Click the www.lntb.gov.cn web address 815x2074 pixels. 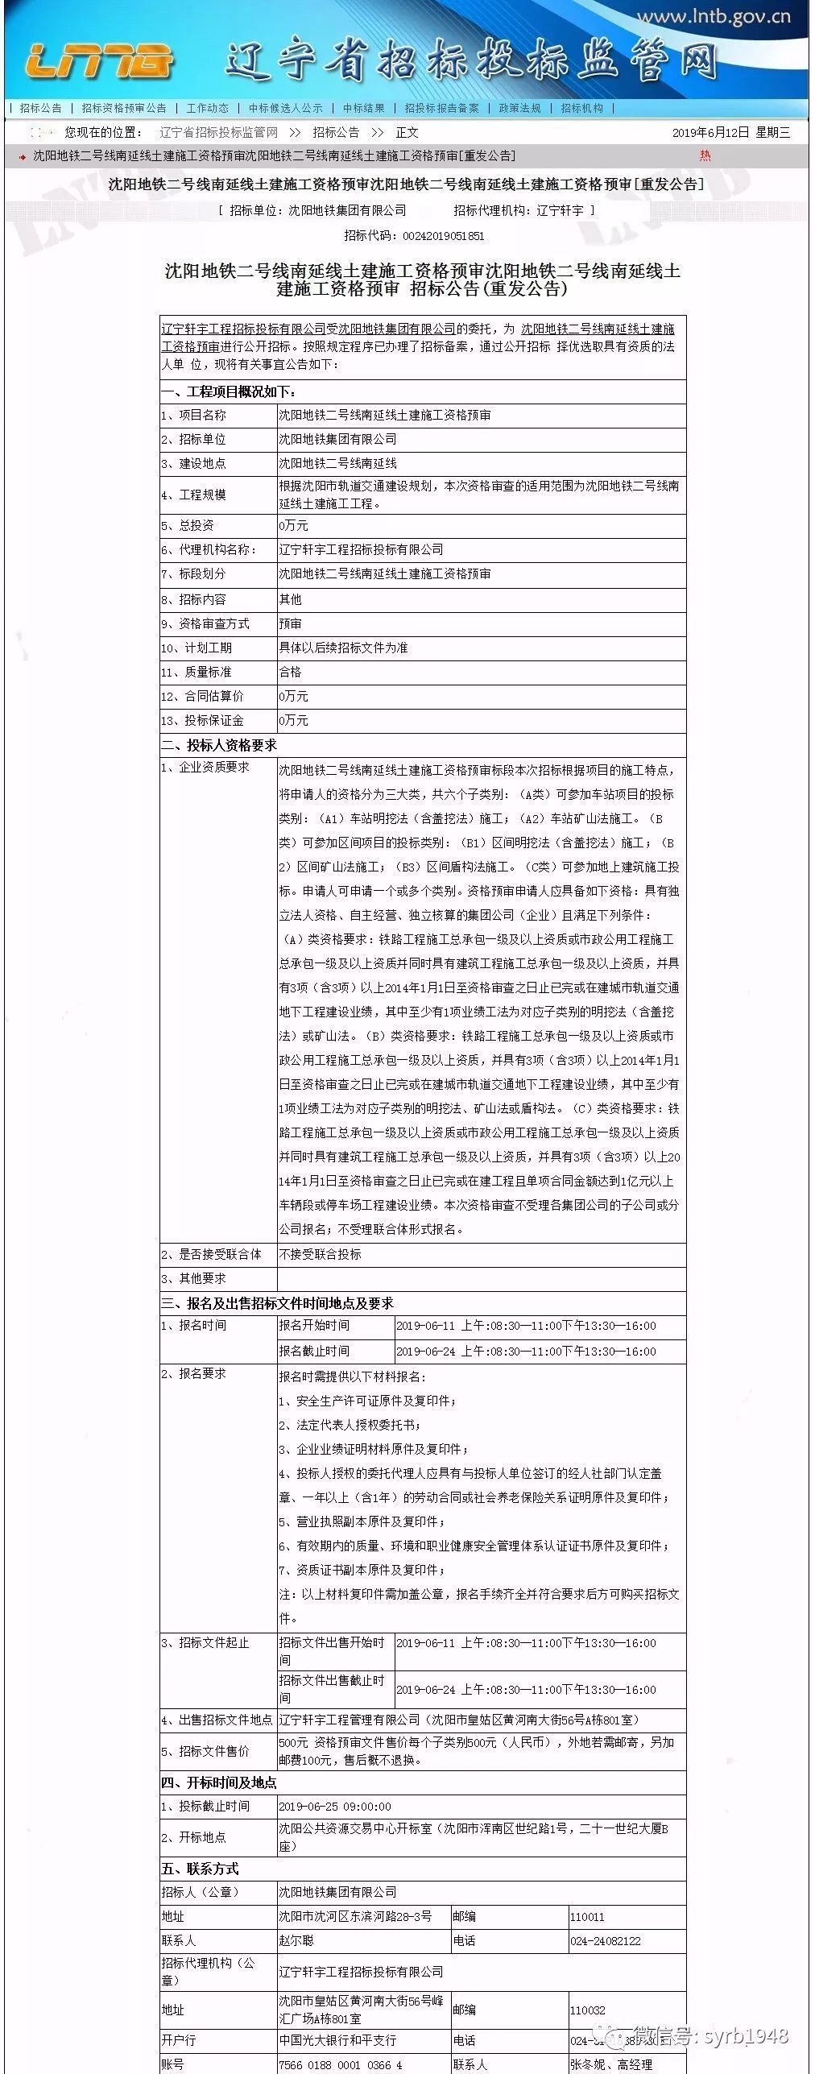click(714, 17)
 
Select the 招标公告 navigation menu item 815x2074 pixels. click(41, 108)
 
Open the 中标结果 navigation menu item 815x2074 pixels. click(363, 108)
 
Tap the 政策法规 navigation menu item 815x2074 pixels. click(519, 108)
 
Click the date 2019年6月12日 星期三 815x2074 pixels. click(730, 132)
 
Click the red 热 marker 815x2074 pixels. click(705, 155)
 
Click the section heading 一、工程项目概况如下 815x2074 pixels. click(229, 392)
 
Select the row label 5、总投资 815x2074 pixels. click(188, 526)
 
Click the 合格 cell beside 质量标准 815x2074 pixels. click(290, 672)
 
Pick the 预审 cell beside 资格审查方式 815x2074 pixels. click(290, 623)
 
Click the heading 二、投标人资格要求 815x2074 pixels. click(219, 745)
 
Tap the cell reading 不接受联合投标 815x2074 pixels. click(320, 1254)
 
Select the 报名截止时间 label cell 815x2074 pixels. click(314, 1352)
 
